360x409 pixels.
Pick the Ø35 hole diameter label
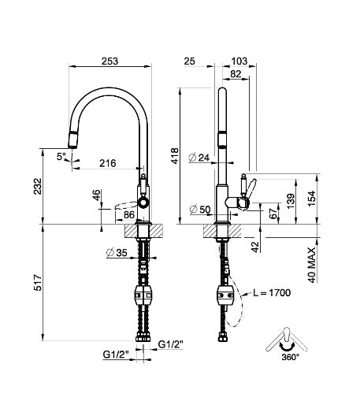pyautogui.click(x=117, y=254)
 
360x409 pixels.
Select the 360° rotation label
pyautogui.click(x=288, y=357)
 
